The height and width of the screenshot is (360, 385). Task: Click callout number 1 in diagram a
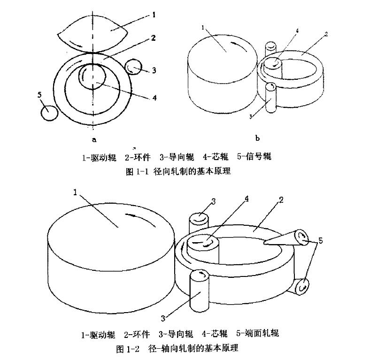154,15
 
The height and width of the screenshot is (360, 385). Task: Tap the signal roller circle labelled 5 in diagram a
49,112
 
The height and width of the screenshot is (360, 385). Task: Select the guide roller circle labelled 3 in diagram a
134,67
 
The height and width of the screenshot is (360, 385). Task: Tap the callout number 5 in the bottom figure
320,241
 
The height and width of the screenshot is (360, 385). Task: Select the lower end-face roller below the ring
299,285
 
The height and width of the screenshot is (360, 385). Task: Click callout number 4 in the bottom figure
246,199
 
